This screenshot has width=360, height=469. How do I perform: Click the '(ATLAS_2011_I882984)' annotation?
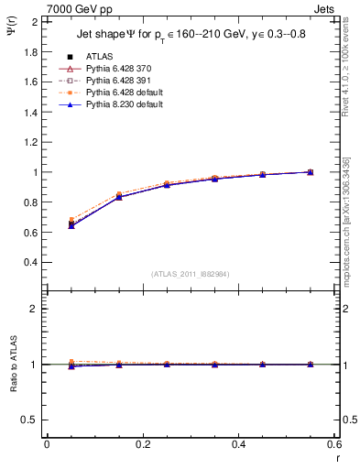[190, 274]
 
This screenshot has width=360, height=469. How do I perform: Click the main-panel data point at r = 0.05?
[71, 223]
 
